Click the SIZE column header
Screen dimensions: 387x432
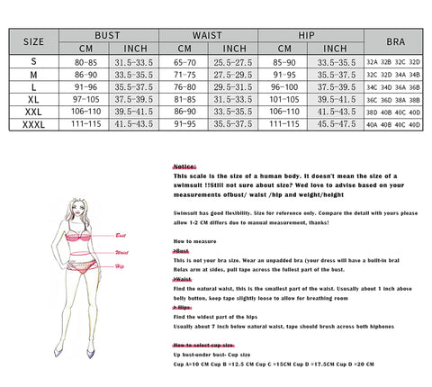click(x=32, y=41)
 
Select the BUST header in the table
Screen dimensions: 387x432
click(x=108, y=33)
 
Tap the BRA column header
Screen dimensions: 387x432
click(x=396, y=41)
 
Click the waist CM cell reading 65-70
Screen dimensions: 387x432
click(x=184, y=61)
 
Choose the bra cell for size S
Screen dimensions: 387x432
click(x=396, y=61)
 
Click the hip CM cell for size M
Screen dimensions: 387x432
click(x=284, y=74)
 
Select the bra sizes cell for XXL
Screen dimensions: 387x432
click(x=396, y=112)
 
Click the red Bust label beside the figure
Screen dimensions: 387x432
click(x=121, y=235)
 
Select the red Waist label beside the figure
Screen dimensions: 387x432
click(x=121, y=253)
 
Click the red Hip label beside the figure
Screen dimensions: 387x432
click(x=119, y=266)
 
